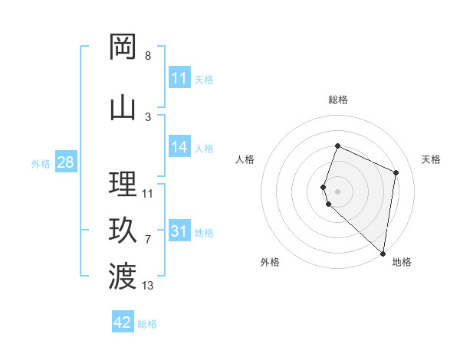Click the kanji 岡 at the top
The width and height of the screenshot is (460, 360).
[x=123, y=47]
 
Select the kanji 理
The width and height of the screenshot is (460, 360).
[x=123, y=183]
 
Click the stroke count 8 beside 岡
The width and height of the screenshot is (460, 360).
[x=148, y=56]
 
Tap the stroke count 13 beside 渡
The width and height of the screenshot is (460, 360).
[x=149, y=286]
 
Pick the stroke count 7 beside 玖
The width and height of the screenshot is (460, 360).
[x=148, y=240]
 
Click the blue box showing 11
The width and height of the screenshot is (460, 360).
[x=179, y=78]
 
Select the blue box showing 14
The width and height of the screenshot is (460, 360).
[x=179, y=147]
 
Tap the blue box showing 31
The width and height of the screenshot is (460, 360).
[x=179, y=231]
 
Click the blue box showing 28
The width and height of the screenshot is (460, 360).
[x=64, y=162]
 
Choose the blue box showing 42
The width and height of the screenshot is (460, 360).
[x=123, y=322]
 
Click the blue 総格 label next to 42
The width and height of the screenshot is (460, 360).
[x=148, y=324]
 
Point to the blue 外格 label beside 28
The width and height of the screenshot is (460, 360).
[x=40, y=164]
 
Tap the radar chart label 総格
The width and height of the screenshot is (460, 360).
[x=338, y=100]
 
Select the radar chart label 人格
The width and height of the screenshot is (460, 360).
[x=245, y=159]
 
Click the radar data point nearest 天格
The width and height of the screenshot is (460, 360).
[x=396, y=172]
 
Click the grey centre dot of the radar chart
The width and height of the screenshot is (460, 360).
[x=337, y=191]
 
